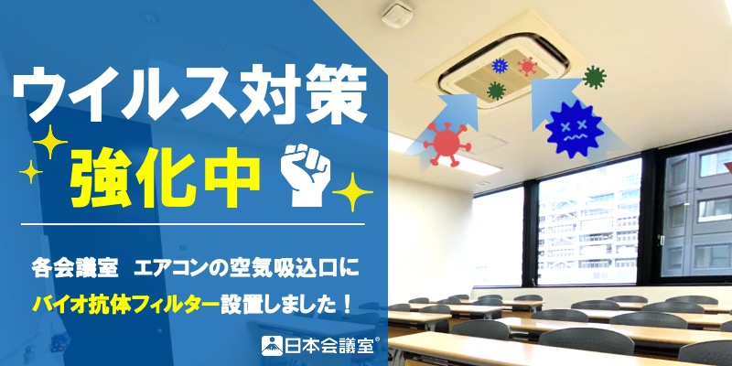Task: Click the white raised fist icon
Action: click(306, 176)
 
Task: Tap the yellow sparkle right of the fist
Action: click(352, 192)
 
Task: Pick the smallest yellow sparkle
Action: click(30, 172)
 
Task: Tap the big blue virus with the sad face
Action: click(575, 129)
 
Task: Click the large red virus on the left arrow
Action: click(447, 143)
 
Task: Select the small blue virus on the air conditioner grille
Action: click(500, 66)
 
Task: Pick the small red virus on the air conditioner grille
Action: click(528, 67)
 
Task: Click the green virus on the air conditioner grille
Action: click(496, 91)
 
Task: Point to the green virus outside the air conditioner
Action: click(595, 78)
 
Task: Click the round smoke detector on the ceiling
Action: click(397, 14)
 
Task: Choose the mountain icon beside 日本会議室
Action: click(272, 346)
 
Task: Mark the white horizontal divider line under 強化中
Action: click(192, 224)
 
